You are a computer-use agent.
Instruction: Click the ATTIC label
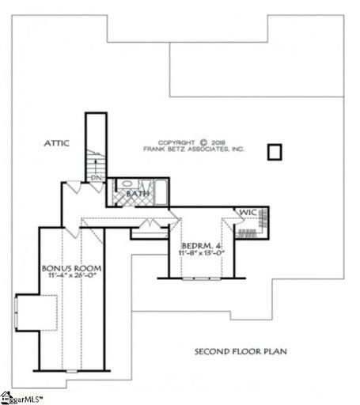click(x=56, y=143)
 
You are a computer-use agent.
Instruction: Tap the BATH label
click(x=139, y=192)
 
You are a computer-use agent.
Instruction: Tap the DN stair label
click(x=97, y=178)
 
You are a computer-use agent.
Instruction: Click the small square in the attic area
click(x=275, y=150)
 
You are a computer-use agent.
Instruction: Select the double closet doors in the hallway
click(x=149, y=230)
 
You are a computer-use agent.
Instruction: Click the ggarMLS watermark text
click(x=25, y=397)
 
